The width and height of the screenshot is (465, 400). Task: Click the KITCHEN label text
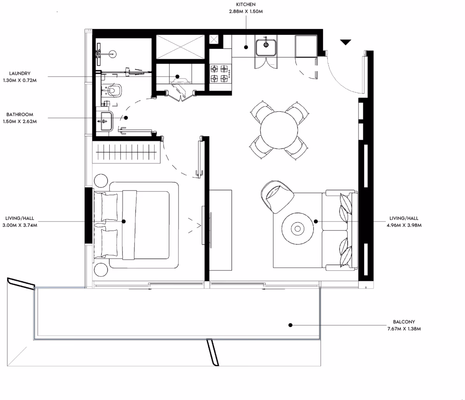click(246, 5)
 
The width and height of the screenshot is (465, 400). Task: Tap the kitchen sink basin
click(266, 48)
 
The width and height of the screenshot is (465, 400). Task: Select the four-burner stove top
click(220, 73)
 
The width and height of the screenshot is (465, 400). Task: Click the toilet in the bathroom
click(115, 90)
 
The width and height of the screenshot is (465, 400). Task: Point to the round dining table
click(279, 130)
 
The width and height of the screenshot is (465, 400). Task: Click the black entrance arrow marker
click(346, 42)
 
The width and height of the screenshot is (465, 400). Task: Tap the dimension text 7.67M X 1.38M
click(404, 329)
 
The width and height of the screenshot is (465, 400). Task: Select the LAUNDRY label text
click(20, 73)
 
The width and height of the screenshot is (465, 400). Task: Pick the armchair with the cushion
click(277, 196)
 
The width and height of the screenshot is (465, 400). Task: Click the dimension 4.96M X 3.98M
click(404, 225)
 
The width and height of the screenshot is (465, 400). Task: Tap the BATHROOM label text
click(20, 115)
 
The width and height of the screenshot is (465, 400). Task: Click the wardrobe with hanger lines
click(126, 152)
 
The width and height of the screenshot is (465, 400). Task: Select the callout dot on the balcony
click(290, 325)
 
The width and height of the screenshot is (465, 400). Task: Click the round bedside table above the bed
click(101, 180)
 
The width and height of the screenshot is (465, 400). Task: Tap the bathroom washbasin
click(106, 121)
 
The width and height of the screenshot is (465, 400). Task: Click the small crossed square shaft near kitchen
click(214, 39)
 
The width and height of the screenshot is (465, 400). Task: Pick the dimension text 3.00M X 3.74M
click(20, 225)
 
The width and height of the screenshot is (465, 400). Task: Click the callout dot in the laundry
click(177, 77)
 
